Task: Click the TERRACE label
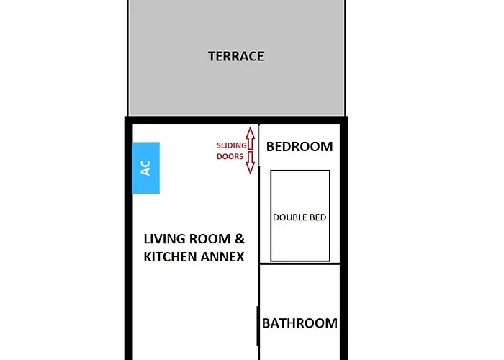tap(235, 56)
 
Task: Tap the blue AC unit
tap(145, 168)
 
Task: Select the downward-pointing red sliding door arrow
tap(250, 163)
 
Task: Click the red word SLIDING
tap(230, 145)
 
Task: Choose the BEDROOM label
tap(300, 147)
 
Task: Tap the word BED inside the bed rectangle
tap(320, 217)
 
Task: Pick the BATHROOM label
tap(300, 323)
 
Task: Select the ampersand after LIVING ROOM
tap(241, 239)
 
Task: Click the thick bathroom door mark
tap(258, 325)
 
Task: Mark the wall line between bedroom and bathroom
tap(300, 264)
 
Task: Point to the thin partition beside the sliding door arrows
tap(259, 202)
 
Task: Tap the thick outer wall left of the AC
tap(128, 168)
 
